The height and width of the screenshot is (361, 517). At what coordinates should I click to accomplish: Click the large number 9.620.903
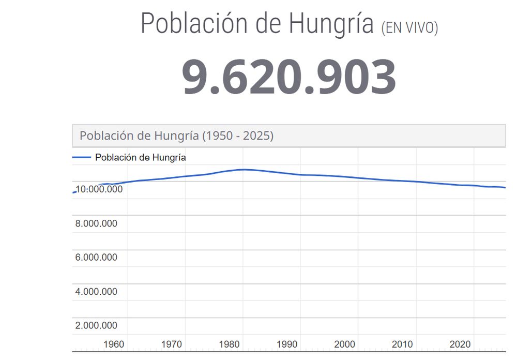tap(289, 78)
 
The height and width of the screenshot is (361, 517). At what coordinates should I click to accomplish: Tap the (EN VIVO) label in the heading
tap(409, 28)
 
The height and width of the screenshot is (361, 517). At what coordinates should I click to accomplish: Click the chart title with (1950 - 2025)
tap(176, 136)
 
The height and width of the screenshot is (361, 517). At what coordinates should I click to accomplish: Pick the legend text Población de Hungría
tap(140, 158)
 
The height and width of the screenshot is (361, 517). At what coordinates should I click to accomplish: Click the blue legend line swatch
tap(82, 157)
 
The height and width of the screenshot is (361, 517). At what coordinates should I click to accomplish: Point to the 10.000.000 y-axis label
tap(99, 189)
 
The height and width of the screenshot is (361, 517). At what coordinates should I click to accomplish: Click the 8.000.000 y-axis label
tap(96, 223)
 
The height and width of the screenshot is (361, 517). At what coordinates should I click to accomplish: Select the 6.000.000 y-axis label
tap(96, 258)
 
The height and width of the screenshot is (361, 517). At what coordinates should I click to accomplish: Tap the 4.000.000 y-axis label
tap(96, 292)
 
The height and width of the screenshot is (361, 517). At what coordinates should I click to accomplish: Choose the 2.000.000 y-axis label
tap(96, 325)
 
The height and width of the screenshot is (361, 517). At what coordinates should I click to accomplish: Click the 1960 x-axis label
tap(114, 344)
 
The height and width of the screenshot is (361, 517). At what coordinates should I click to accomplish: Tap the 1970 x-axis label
tap(172, 344)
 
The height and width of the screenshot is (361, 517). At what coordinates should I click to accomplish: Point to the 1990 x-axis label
tap(287, 344)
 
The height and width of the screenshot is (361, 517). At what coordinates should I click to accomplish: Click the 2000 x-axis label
tap(345, 344)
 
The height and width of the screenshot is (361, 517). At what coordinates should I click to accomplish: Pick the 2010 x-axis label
tap(402, 344)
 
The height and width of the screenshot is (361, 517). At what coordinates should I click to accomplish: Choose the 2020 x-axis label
tap(460, 344)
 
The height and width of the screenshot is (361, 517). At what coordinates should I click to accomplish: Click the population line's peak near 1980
tap(244, 169)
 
